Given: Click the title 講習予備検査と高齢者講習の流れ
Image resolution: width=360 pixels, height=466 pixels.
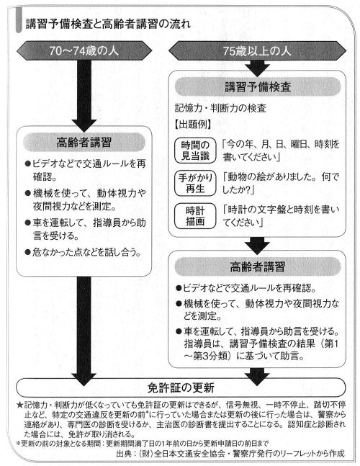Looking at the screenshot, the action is pos(108,24).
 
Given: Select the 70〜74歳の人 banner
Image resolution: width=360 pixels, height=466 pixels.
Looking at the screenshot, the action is pos(84,51).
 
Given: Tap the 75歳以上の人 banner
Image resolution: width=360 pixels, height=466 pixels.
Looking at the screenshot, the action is pos(257,51).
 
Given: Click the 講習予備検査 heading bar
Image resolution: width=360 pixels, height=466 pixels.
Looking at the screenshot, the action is pos(258,86).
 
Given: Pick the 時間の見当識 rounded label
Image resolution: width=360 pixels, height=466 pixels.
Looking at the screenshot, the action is pos(195,151).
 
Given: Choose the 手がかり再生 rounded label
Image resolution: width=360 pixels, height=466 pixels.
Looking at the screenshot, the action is pos(195,183).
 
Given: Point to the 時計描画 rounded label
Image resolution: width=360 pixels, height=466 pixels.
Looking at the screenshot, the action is pos(195,216).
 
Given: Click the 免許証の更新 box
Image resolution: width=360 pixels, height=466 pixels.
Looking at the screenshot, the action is pos(181,387).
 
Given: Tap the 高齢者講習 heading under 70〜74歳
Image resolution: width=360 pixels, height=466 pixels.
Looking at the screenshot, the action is pos(84,142).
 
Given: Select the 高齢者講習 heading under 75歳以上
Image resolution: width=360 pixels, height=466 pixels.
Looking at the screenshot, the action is pos(258,266).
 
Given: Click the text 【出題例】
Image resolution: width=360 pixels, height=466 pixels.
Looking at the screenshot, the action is pos(193,124).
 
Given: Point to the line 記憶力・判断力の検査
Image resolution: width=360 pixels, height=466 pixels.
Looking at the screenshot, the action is pos(220,108).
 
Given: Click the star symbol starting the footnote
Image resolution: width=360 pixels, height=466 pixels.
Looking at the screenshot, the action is pos(19,405).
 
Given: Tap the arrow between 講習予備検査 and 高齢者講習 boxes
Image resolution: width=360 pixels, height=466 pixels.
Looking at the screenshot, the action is pos(257,246).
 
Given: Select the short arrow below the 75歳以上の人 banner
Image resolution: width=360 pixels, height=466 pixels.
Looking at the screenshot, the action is pos(257,68).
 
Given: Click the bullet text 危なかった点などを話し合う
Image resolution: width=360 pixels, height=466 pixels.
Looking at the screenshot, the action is pos(84,252).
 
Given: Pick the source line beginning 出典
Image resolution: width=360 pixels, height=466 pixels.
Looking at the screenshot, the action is pos(231,453).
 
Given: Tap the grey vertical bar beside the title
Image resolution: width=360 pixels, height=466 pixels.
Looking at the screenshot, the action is pos(19,20).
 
